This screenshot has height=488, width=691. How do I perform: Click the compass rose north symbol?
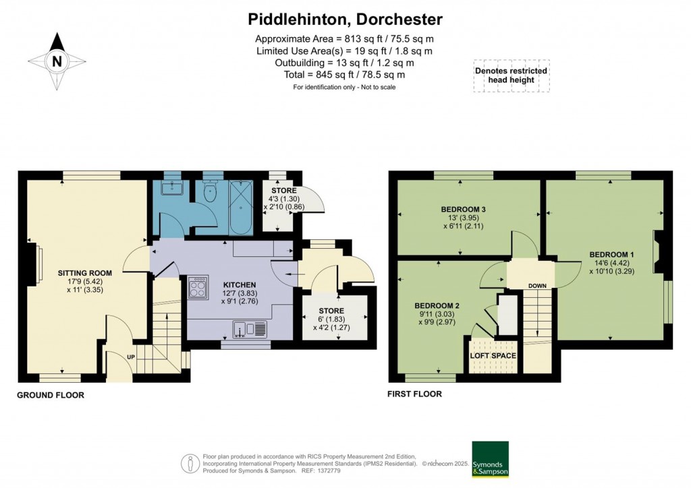(x=57, y=61)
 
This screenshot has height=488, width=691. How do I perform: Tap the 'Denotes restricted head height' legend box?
(x=511, y=75)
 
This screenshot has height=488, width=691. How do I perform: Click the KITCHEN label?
(x=230, y=285)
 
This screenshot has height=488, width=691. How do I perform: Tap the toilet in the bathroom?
(x=210, y=193)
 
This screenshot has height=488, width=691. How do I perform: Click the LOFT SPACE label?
(x=493, y=356)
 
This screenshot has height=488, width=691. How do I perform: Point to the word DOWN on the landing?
(x=537, y=286)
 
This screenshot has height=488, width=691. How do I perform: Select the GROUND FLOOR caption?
(x=51, y=395)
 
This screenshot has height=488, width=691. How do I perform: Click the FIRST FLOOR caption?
(x=414, y=394)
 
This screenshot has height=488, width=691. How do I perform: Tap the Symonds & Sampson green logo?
(x=489, y=459)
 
